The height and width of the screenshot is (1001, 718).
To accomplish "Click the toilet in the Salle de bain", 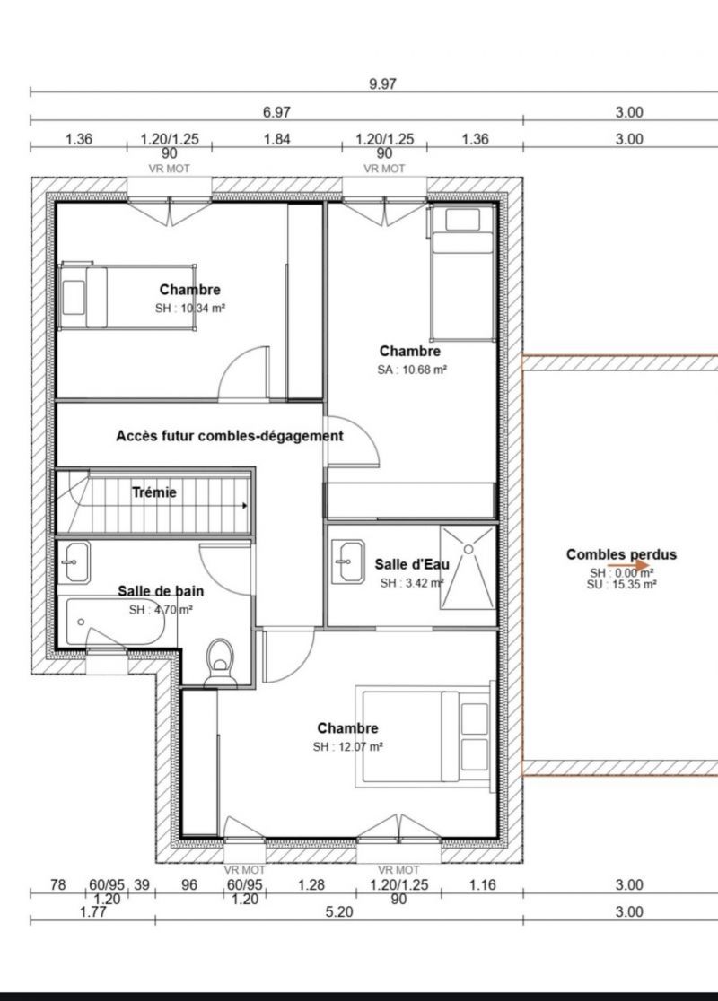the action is tap(220, 663).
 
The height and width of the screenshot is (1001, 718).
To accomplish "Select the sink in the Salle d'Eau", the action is tap(348, 561).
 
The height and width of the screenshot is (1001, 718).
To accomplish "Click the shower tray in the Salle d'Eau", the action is tap(468, 567).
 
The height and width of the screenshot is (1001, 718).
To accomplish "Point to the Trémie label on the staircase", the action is tap(154, 492).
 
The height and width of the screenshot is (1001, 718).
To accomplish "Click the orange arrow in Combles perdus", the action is tap(628, 566).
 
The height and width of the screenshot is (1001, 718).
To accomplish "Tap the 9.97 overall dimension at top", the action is tap(382, 84).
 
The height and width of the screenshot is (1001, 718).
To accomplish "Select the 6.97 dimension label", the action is tap(276, 112).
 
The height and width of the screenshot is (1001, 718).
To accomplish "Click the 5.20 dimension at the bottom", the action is tap(339, 911).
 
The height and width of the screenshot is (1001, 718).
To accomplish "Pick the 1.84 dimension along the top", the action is tap(277, 139).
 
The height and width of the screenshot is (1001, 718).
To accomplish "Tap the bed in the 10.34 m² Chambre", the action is tap(127, 297).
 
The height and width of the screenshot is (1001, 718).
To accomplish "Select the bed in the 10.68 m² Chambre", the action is tap(462, 274).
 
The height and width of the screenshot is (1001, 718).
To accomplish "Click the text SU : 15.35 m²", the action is tap(622, 584).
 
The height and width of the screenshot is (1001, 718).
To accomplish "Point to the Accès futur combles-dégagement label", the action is tap(230, 436).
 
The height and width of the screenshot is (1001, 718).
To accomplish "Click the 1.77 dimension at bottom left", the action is tap(92, 911).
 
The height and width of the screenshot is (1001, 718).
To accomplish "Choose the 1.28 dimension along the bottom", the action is tap(311, 884).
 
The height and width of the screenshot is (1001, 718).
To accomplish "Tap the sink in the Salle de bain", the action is tap(74, 561).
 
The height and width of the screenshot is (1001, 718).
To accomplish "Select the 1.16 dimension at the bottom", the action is tap(482, 884).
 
